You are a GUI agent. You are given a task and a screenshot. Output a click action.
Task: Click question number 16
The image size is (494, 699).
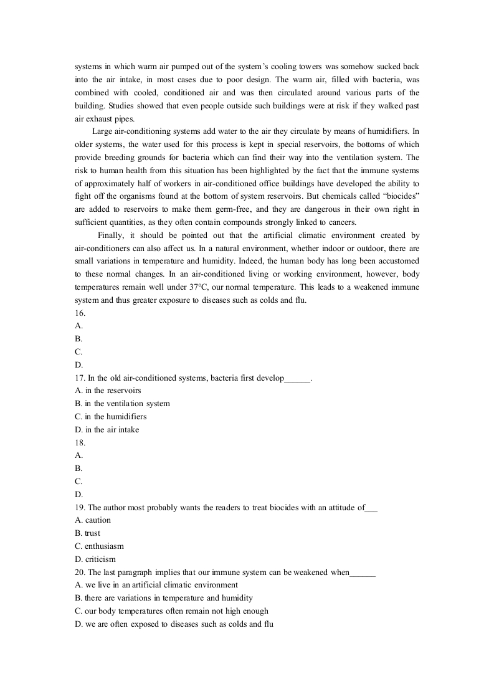[80, 313]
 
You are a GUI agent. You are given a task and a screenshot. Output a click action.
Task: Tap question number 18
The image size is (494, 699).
[80, 442]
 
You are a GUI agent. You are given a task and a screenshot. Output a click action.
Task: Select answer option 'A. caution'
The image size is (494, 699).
[93, 520]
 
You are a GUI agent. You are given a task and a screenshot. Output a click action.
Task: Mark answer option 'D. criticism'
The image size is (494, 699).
[95, 559]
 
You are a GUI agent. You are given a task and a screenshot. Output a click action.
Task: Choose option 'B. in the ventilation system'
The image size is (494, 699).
[122, 404]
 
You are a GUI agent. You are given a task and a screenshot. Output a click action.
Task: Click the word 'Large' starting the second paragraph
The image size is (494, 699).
[102, 131]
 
